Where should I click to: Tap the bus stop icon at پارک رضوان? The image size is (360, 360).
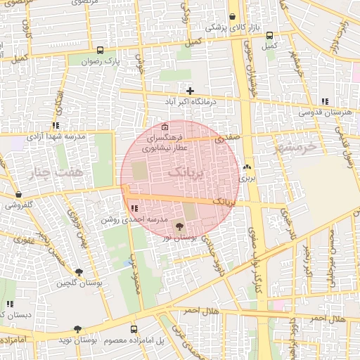[100, 50]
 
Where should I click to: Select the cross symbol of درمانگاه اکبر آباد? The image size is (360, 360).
[190, 91]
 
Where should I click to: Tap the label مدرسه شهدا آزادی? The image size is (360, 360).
[56, 136]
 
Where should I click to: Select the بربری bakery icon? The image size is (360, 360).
[247, 167]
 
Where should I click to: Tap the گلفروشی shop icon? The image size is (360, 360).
[18, 194]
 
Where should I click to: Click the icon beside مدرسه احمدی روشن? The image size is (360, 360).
[134, 208]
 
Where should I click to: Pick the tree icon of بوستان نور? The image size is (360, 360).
[179, 226]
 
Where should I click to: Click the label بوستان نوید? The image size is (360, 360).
[97, 340]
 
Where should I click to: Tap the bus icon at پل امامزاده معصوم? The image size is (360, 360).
[133, 328]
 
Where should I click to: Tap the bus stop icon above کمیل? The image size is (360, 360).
[269, 35]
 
